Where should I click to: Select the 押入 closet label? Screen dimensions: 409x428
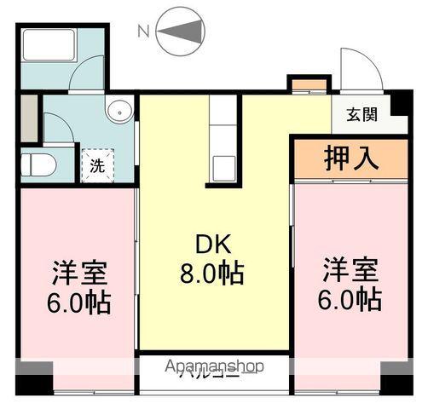coord(350,158)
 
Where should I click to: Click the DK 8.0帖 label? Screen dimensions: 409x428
coord(213,260)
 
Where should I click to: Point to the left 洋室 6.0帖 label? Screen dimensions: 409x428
coord(78,286)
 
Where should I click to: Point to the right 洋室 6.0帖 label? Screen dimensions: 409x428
coord(350,286)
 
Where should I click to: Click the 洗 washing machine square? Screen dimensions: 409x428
coord(97,165)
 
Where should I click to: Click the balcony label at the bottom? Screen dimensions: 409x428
coord(208,374)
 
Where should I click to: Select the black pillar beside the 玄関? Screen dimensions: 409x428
coord(400,103)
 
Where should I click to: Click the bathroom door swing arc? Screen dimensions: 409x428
coord(85,78)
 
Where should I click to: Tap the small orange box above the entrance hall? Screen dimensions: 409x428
coord(309,84)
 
